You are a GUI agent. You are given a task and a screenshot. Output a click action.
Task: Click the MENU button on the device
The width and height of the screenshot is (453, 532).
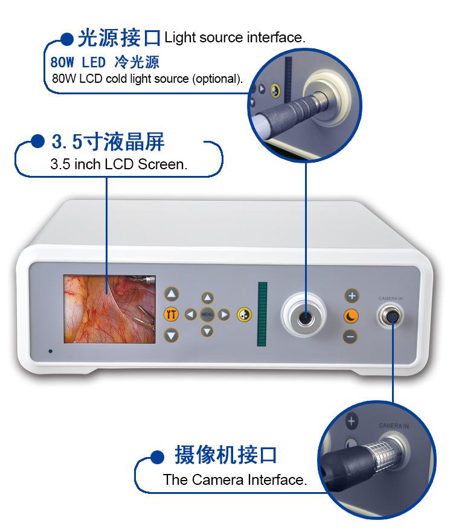pyautogui.click(x=207, y=314)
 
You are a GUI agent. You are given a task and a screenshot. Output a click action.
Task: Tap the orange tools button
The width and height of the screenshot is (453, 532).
pyautogui.click(x=171, y=314)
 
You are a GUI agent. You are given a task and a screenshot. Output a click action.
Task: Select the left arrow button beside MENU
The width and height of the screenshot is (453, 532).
pyautogui.click(x=190, y=314)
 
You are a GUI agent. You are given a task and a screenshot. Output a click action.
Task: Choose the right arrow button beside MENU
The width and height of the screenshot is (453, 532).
pyautogui.click(x=223, y=314)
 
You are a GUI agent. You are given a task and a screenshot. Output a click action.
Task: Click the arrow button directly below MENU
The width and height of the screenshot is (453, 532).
pyautogui.click(x=207, y=331)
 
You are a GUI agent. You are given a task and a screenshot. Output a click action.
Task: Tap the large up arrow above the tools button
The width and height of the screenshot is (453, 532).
pyautogui.click(x=171, y=294)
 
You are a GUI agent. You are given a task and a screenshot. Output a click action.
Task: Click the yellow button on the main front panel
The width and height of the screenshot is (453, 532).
pyautogui.click(x=244, y=315)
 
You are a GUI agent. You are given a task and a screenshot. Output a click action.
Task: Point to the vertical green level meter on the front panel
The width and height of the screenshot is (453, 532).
pyautogui.click(x=262, y=314)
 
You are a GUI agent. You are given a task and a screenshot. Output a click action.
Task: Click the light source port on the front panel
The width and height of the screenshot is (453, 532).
pyautogui.click(x=304, y=315)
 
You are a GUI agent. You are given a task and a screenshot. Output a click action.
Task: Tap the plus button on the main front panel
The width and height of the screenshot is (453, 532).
pyautogui.click(x=352, y=296)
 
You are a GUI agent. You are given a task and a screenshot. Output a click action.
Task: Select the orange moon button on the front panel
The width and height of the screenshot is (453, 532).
pyautogui.click(x=351, y=316)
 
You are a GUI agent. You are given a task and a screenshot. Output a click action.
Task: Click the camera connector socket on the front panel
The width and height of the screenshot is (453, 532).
pyautogui.click(x=391, y=317)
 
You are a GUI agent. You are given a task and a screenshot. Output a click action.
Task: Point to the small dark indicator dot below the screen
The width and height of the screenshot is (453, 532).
pyautogui.click(x=50, y=351)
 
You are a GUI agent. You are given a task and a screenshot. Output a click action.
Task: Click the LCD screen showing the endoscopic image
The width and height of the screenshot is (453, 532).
pyautogui.click(x=109, y=309)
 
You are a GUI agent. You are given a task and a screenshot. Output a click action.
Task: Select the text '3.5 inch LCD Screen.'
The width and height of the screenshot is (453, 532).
pyautogui.click(x=118, y=164)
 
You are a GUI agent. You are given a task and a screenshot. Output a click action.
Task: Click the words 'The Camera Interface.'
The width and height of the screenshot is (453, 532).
pyautogui.click(x=235, y=480)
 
